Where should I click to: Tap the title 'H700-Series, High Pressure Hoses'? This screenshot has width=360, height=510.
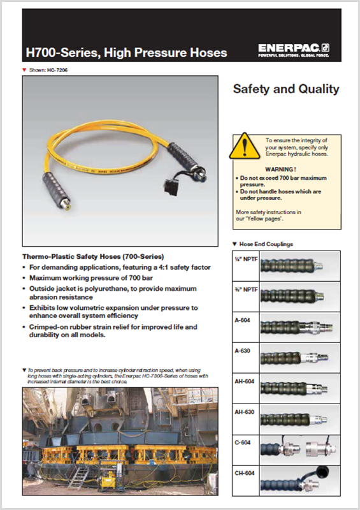(126, 52)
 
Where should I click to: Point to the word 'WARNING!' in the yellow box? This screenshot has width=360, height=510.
(281, 169)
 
